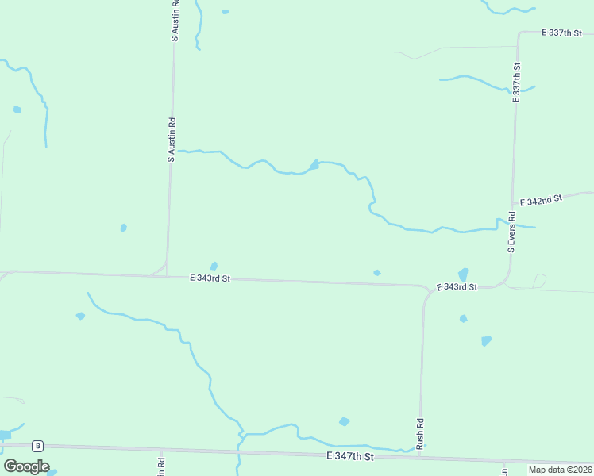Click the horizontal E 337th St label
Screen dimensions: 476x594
pos(562,33)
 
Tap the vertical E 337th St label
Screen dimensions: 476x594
pos(516,83)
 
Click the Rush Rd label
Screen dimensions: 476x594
pos(420,432)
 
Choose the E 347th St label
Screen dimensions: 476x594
pos(349,457)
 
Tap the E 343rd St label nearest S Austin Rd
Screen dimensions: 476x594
pos(210,278)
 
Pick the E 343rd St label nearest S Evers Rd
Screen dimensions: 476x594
pos(457,286)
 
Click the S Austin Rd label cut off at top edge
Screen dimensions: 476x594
pos(175,21)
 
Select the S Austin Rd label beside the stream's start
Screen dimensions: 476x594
pos(171,140)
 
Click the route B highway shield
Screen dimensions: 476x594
pos(37,445)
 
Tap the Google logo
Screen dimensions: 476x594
pos(26,466)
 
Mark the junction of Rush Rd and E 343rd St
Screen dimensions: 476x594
pos(426,288)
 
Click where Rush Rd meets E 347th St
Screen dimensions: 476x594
pos(418,455)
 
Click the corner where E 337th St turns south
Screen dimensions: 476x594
pos(519,34)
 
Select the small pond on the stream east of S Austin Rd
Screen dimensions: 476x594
pos(314,164)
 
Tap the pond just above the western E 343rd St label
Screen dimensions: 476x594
pos(214,266)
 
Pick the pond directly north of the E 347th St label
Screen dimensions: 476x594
pos(344,421)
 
